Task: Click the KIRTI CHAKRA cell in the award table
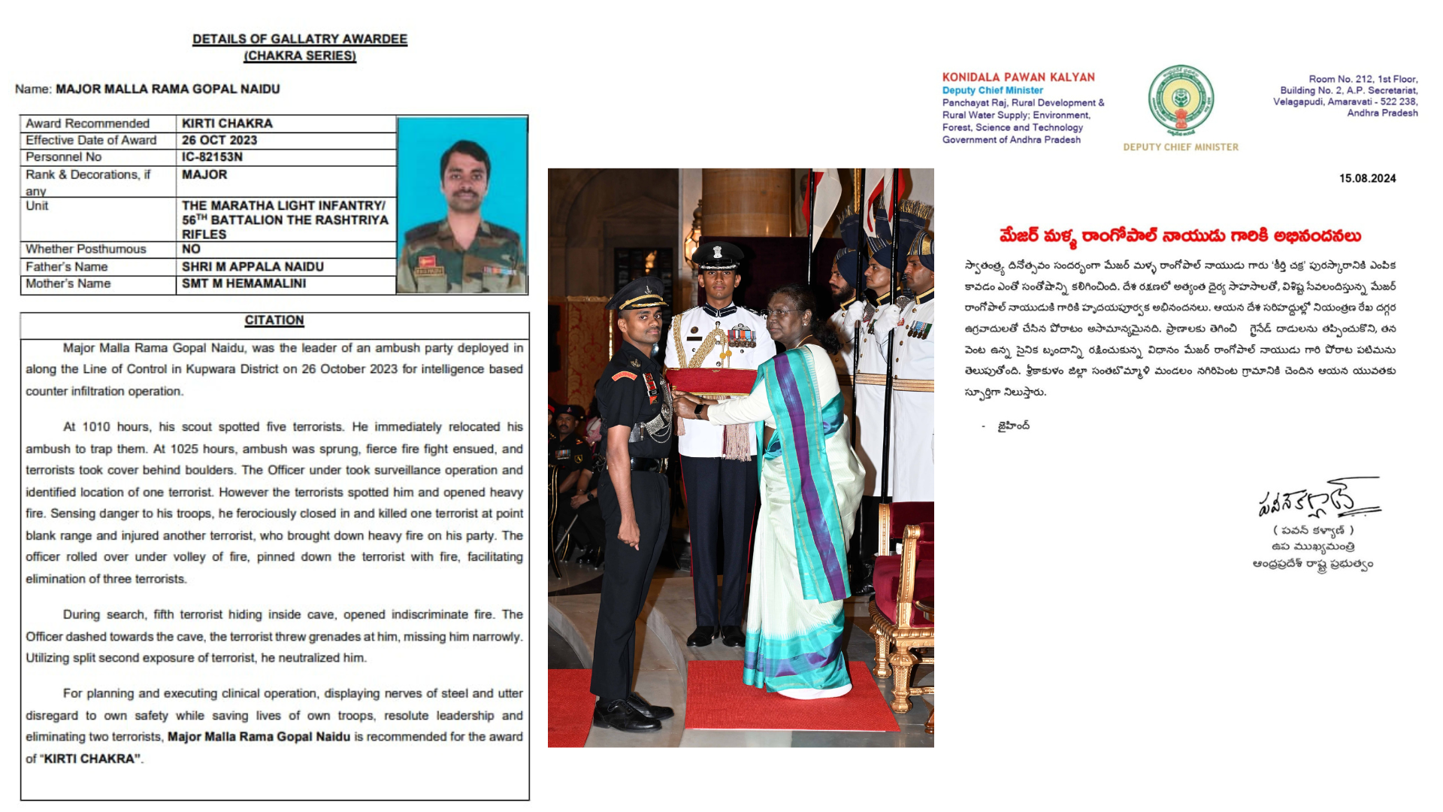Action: point(227,123)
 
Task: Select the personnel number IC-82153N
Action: point(212,157)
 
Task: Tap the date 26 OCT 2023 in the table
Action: point(219,141)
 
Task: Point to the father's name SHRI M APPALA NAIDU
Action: point(253,267)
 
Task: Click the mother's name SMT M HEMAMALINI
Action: point(244,283)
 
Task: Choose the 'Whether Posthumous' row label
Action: point(86,250)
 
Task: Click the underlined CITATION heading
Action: point(274,320)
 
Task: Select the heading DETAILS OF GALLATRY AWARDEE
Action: point(300,39)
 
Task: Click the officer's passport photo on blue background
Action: point(461,205)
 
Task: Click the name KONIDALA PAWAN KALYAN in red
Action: point(1018,77)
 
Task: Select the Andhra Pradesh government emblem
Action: point(1181,101)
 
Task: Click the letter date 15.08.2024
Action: point(1367,179)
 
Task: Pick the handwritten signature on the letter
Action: point(1317,499)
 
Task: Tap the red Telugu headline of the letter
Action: point(1180,236)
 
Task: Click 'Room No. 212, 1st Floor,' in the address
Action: point(1363,79)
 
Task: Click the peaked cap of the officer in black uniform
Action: point(637,294)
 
